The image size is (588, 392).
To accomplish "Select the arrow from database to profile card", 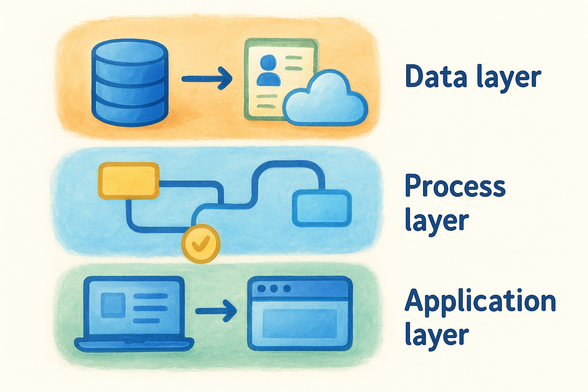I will point(207,79).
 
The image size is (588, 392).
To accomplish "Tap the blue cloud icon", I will point(325,100).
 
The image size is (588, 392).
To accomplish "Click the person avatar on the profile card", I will point(268,71).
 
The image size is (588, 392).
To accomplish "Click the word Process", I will point(455,186).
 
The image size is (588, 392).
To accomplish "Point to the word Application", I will point(480,301).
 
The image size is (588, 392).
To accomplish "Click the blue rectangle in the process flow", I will point(322,208).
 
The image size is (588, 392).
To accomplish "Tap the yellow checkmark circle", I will point(201,243).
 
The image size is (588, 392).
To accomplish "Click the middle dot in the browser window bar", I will point(274,288).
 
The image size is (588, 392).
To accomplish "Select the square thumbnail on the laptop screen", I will point(112,305).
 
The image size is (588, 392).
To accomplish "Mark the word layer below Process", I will point(436,220).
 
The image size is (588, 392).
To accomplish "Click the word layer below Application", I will point(436,335).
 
